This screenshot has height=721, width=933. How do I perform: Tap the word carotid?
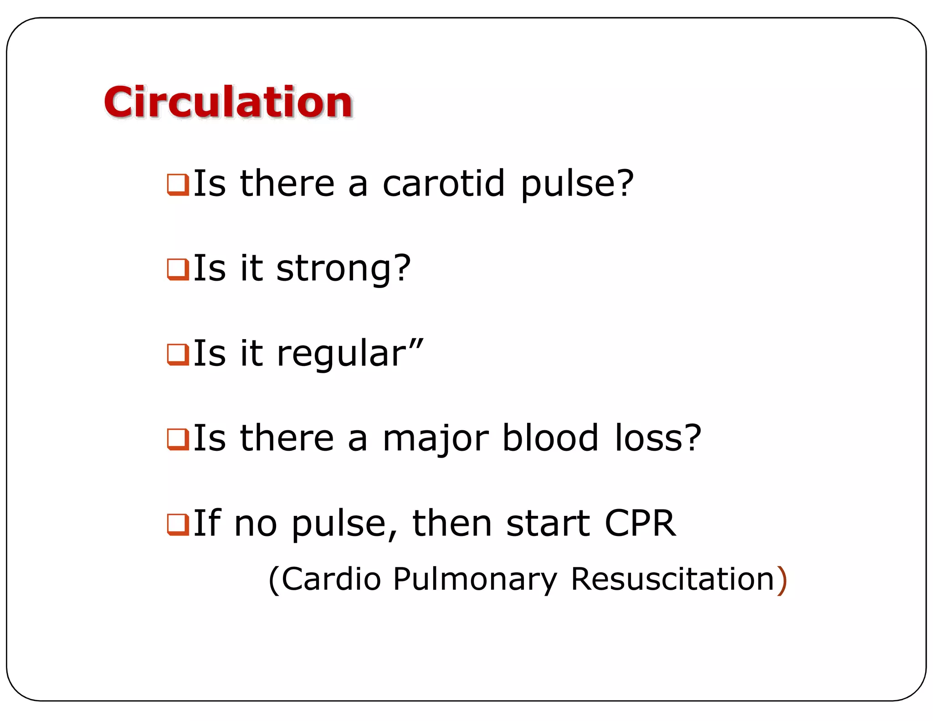pyautogui.click(x=443, y=183)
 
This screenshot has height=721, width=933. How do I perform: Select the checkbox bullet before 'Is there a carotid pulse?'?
pyautogui.click(x=178, y=185)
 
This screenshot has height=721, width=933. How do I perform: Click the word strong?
pyautogui.click(x=333, y=269)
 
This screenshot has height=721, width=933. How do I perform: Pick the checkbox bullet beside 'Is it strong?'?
pyautogui.click(x=178, y=269)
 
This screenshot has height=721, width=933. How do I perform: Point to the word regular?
pyautogui.click(x=341, y=355)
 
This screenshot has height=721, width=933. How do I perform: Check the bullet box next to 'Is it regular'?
pyautogui.click(x=178, y=355)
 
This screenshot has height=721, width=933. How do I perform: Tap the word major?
pyautogui.click(x=436, y=438)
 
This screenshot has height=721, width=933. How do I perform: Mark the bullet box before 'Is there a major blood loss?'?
pyautogui.click(x=178, y=439)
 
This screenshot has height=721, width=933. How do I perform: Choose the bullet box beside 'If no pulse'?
pyautogui.click(x=178, y=524)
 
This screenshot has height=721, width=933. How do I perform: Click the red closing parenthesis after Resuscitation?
pyautogui.click(x=782, y=580)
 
